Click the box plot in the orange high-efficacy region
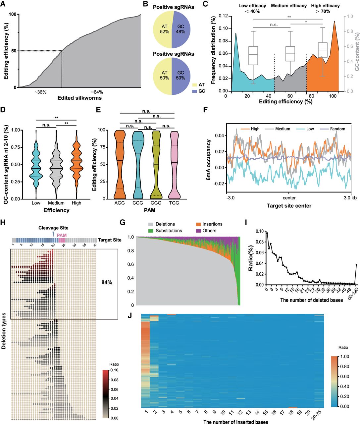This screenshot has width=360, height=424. pyautogui.click(x=322, y=50)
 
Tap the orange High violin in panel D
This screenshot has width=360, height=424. pyautogui.click(x=77, y=166)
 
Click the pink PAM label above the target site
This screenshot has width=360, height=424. pyautogui.click(x=62, y=235)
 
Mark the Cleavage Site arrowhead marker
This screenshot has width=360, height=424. pyautogui.click(x=53, y=234)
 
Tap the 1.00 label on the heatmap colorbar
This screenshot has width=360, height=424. pyautogui.click(x=347, y=356)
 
